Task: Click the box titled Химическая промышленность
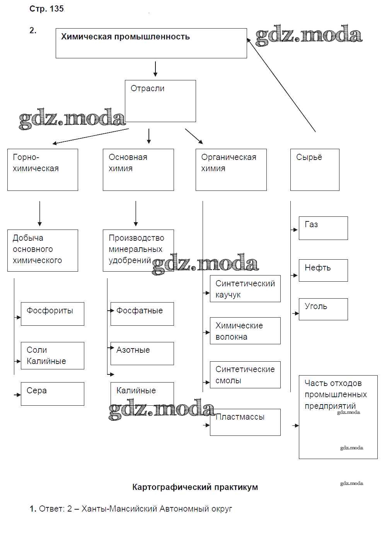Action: point(151,43)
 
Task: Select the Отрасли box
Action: point(160,101)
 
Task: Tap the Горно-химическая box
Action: point(43,170)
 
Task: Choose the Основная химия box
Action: point(138,170)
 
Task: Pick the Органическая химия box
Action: point(231,170)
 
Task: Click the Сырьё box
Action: point(315,170)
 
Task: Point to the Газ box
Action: point(323,228)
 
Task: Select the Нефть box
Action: point(323,270)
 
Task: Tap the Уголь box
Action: point(323,309)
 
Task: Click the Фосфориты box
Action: point(52,314)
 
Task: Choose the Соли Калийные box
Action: point(52,355)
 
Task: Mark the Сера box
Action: point(52,394)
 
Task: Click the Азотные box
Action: point(142,354)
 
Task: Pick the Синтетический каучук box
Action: point(245,289)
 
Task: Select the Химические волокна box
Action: point(245,331)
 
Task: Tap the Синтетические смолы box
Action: point(245,374)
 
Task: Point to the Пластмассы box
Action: point(245,422)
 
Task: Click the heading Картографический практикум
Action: point(195,487)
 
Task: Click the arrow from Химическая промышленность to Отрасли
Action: point(155,69)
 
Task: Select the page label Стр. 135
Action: point(46,9)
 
